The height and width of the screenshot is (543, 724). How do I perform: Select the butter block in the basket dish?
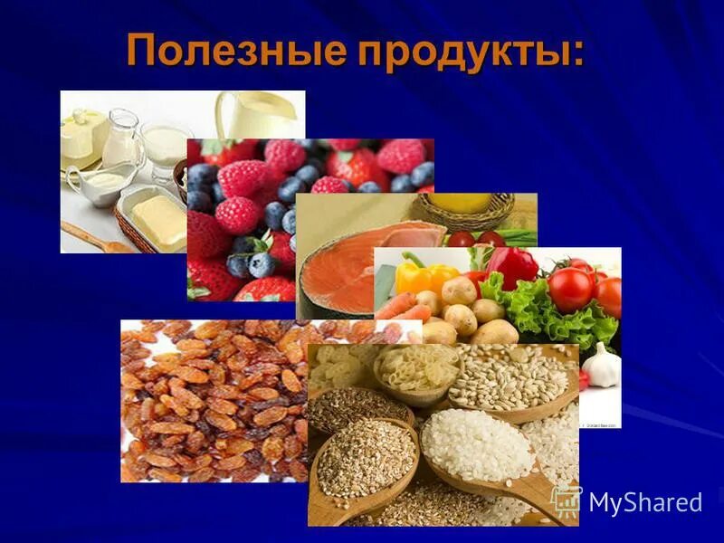[159, 216]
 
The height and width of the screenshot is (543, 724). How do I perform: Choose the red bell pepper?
[512, 267]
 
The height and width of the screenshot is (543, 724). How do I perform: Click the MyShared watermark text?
[644, 503]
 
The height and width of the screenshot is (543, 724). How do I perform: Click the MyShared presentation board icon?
[567, 500]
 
